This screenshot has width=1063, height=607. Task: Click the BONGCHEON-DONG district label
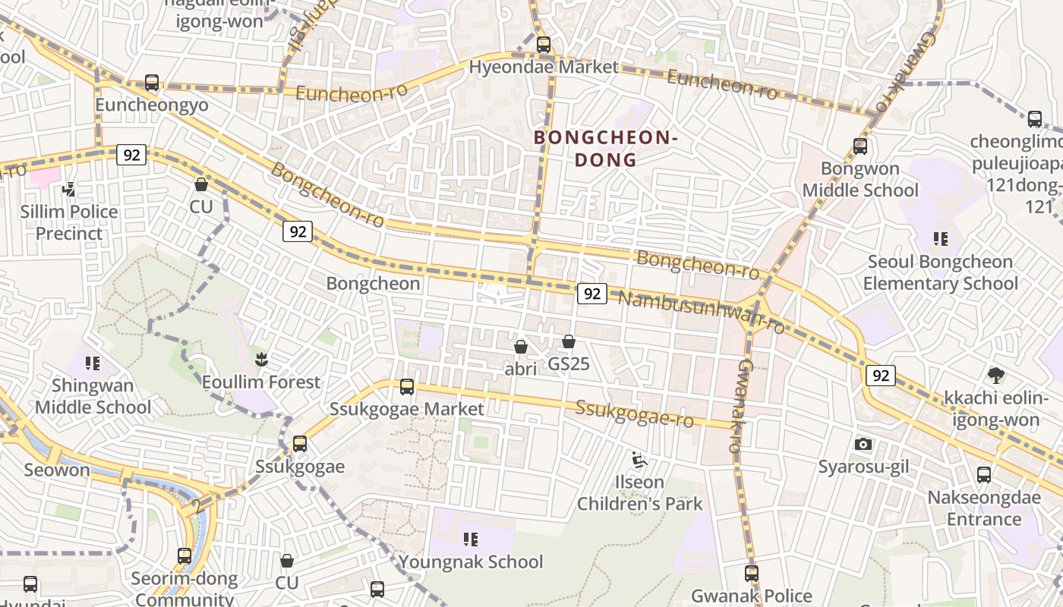pos(604,149)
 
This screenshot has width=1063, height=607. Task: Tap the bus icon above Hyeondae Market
pos(544,44)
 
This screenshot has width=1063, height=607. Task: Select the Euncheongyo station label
pos(152,105)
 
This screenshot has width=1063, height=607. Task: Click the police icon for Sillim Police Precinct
pos(69,189)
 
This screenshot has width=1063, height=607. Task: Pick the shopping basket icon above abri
pos(521,347)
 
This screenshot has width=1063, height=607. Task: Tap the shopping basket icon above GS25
pos(569,341)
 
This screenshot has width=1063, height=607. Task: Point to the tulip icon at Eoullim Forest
pos(261,359)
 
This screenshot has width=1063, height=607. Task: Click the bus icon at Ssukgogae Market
pos(407,387)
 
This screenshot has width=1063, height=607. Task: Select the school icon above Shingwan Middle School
pos(93,363)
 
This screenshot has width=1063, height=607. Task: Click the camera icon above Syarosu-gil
pos(863,445)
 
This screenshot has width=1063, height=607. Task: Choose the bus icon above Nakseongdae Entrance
pos(984,475)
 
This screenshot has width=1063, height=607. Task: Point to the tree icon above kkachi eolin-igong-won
pos(995,375)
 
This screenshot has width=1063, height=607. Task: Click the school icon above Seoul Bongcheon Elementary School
pos(941,240)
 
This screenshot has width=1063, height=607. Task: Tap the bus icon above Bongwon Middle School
pos(860,146)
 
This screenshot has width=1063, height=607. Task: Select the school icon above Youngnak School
pos(471,539)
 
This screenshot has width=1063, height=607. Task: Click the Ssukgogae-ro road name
pos(635,414)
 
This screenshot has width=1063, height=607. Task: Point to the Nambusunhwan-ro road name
pos(702,311)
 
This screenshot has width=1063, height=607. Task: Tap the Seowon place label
pos(57,470)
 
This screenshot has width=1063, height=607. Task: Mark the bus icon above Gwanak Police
pos(752,574)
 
